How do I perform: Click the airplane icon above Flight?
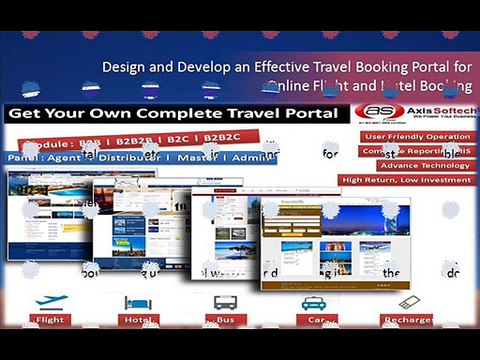[50, 301]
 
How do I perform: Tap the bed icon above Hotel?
[134, 301]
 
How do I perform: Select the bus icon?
[223, 302]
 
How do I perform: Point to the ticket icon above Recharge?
[407, 301]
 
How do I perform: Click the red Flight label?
[50, 320]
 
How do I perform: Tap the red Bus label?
[224, 320]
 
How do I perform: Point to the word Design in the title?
[126, 68]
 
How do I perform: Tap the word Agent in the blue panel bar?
[61, 157]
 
